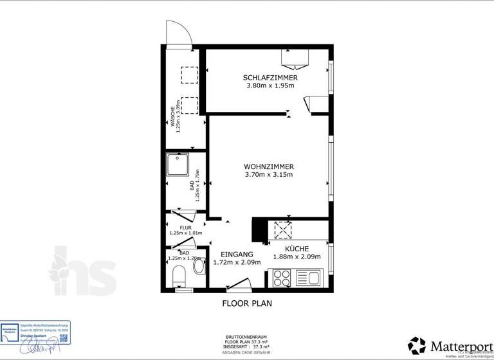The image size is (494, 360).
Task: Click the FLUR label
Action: coord(186,228)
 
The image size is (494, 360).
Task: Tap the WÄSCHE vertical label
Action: coord(173,117)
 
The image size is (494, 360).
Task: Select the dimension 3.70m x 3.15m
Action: coord(269,174)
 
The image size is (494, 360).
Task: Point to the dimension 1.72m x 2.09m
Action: coord(237,262)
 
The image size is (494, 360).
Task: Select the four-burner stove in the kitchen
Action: coord(282,278)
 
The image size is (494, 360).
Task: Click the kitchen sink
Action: coord(313,278)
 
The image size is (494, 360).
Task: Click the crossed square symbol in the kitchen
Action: coord(283,230)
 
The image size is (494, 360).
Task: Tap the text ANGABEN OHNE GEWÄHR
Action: coord(247,353)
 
